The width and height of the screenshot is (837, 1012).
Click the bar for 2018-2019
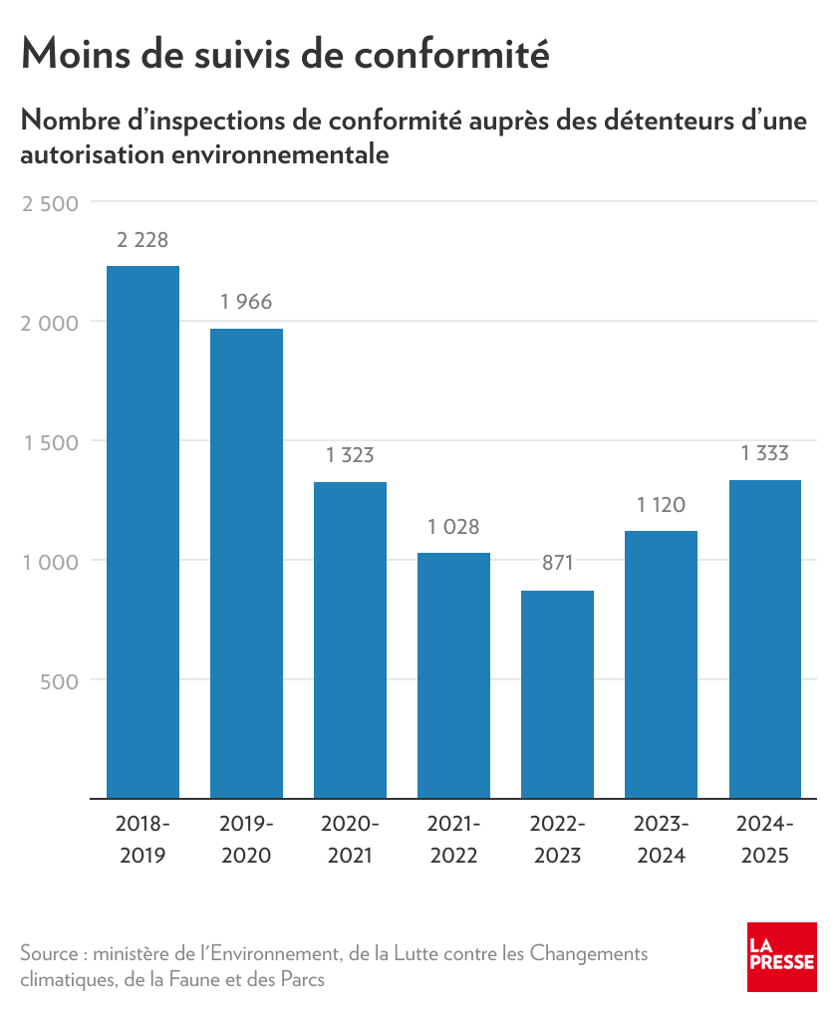pos(142,532)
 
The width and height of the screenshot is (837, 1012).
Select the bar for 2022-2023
pos(557,694)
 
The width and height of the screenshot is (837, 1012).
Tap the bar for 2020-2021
pos(350,639)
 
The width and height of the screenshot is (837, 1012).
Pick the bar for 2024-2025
pos(764,638)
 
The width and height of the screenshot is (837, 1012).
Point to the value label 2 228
pos(142,240)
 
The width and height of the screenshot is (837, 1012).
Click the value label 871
pos(557,564)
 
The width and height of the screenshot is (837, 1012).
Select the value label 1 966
pos(246,302)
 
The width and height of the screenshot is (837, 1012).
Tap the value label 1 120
pos(661,505)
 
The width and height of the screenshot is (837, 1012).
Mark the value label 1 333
pos(764,454)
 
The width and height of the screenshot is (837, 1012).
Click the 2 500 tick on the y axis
pos(49,203)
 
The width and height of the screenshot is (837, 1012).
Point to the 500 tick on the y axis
pos(60,681)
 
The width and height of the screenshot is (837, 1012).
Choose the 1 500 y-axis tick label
pos(50,442)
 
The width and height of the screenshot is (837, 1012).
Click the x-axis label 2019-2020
pos(246,840)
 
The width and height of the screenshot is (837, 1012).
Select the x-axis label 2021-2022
pos(453,840)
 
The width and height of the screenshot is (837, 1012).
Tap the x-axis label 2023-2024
pos(661,840)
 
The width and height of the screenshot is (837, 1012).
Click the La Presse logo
pos(782,957)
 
